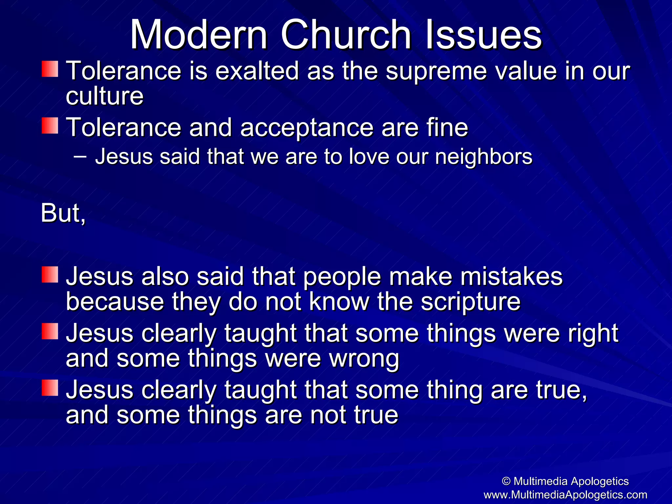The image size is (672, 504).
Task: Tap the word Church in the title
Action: point(346,34)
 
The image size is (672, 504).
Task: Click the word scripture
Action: point(471,302)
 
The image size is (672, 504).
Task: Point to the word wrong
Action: point(364,359)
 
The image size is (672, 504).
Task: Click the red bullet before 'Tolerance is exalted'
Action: point(50,69)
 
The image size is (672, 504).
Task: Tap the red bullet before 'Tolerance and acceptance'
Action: point(50,126)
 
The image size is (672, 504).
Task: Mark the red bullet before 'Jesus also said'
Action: point(50,275)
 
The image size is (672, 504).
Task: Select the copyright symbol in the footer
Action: point(506,481)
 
